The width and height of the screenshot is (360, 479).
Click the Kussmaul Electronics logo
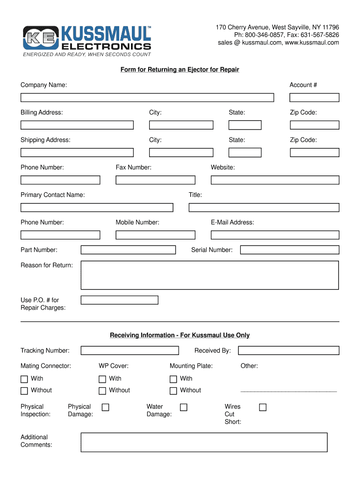tap(87, 38)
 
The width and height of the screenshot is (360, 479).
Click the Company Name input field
tap(147, 98)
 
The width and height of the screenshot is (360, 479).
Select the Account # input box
tap(314, 98)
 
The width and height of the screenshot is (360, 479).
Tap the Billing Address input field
tap(77, 125)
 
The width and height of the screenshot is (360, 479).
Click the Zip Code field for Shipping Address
tap(314, 152)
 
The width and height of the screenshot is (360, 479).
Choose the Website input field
tap(275, 180)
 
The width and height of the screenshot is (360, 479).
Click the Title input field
tap(264, 207)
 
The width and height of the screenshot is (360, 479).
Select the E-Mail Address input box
tap(275, 235)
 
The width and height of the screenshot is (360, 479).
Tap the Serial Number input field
tap(289, 250)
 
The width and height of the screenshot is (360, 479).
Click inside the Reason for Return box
tap(209, 275)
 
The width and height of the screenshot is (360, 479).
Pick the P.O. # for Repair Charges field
tap(119, 300)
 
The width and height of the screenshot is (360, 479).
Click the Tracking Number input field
tap(130, 351)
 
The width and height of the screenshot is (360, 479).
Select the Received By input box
tap(288, 351)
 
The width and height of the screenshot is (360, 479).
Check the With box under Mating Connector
tap(24, 379)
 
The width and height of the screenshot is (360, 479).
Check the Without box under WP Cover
tap(102, 391)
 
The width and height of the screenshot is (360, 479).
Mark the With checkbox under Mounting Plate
tap(173, 379)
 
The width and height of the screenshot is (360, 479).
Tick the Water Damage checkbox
tap(184, 407)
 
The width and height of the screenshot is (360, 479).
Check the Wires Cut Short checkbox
tap(263, 407)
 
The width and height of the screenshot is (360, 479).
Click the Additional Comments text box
tap(204, 442)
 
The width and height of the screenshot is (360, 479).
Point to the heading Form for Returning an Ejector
tap(180, 70)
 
